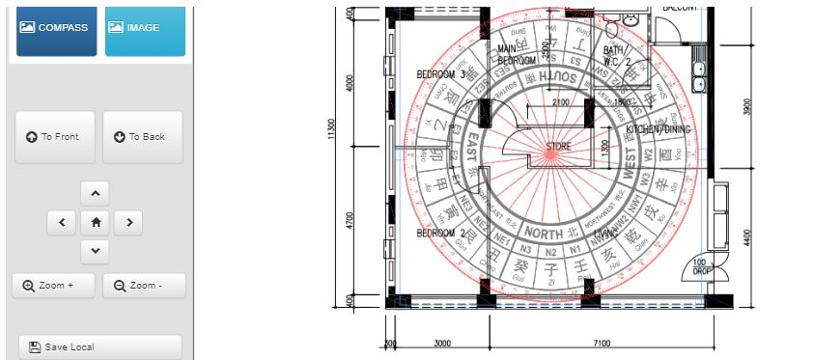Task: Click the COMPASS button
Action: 56,28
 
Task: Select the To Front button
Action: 54,137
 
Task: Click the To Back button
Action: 141,137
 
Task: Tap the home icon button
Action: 95,223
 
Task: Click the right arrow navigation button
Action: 128,223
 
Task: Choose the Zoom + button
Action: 54,286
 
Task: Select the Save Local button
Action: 99,346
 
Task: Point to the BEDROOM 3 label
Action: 441,74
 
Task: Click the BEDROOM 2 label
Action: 441,234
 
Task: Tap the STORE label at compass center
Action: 558,147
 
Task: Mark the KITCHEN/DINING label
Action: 658,129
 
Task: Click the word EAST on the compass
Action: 472,152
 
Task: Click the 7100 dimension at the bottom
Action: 602,343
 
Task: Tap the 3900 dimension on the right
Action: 747,106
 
